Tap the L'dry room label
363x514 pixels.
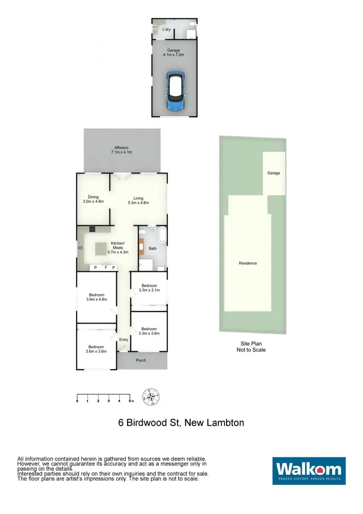pos(166,30)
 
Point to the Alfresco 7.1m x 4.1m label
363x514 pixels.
pos(121,150)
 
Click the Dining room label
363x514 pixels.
pos(93,199)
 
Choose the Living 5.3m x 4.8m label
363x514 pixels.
pos(139,201)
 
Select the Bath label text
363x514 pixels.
pos(153,249)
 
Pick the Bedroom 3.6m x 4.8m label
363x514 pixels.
pos(96,297)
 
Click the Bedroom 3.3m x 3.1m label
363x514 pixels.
pos(149,288)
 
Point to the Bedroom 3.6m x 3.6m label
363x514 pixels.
pos(96,349)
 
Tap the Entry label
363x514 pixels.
pos(123,340)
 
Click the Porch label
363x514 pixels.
pos(141,360)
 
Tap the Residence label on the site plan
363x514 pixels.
pos(248,263)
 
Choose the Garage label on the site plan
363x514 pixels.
pos(273,173)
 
